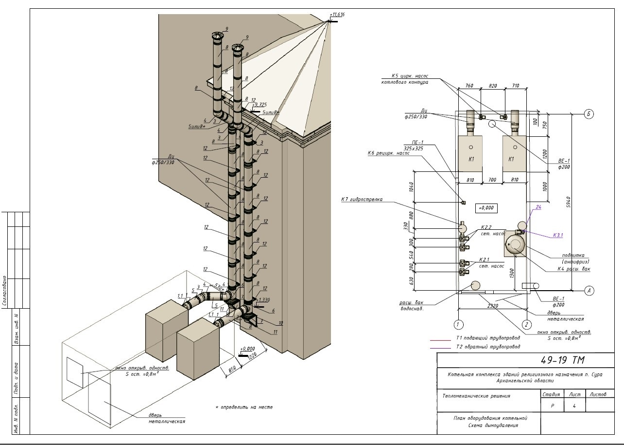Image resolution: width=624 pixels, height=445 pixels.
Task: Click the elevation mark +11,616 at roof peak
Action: tap(337, 15)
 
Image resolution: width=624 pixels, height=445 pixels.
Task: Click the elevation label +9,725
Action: tap(260, 105)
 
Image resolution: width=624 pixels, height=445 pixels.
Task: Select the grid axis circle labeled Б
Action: tap(589, 114)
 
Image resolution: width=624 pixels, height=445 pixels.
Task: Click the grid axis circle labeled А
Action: tap(589, 291)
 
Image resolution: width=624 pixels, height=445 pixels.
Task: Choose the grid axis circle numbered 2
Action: tap(526, 324)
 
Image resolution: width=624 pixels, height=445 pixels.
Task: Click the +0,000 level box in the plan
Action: tap(485, 208)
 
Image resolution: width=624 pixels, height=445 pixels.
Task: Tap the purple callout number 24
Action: tap(537, 207)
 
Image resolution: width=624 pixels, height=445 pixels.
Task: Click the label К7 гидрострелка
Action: tap(362, 199)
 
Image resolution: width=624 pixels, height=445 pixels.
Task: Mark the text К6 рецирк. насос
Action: tap(389, 153)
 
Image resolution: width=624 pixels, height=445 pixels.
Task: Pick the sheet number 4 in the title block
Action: tap(575, 405)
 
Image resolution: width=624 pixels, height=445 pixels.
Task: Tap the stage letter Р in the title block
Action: tap(552, 405)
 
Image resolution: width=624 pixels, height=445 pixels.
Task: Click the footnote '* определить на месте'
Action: tap(244, 407)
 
